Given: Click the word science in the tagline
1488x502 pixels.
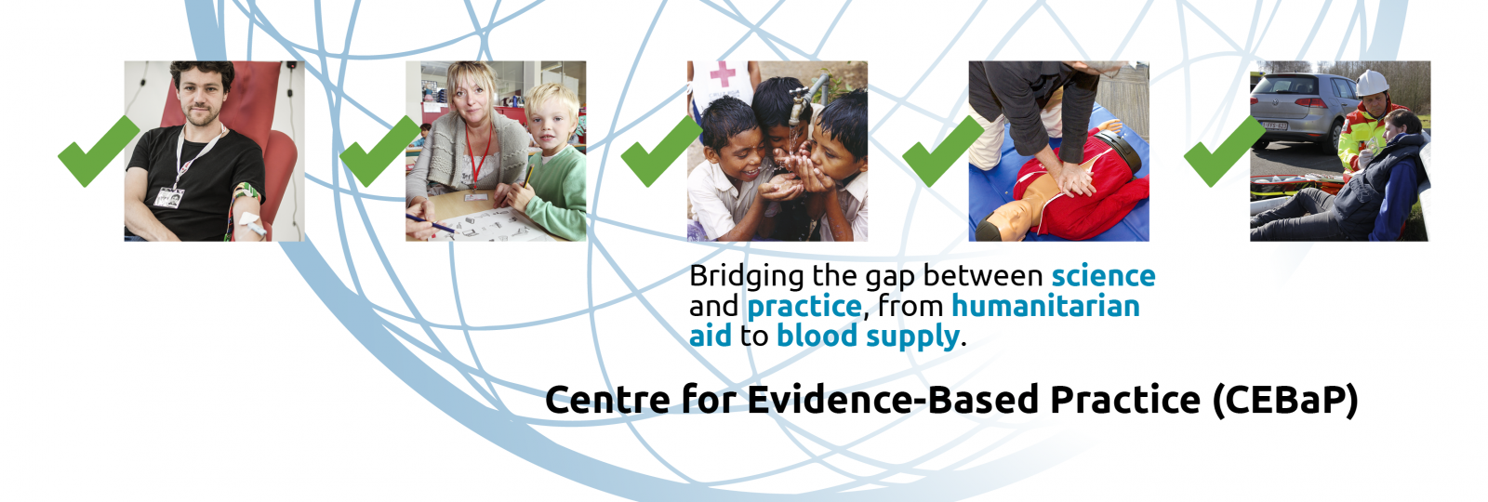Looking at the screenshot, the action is point(1103,275).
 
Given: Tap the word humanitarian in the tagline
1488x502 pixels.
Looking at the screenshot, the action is point(1045,306).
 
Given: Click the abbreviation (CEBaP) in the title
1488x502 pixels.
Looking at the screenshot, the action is point(1285,401).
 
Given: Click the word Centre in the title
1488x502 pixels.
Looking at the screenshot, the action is point(607,400).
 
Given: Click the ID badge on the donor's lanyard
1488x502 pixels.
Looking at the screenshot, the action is point(168,197).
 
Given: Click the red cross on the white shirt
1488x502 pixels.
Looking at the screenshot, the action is point(722,73).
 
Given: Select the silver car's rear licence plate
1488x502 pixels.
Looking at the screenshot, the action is point(1273,125).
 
